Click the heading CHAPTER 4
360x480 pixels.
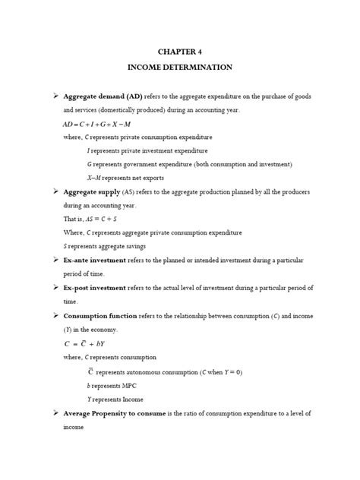click(180, 52)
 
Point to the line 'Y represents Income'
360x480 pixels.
click(115, 399)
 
